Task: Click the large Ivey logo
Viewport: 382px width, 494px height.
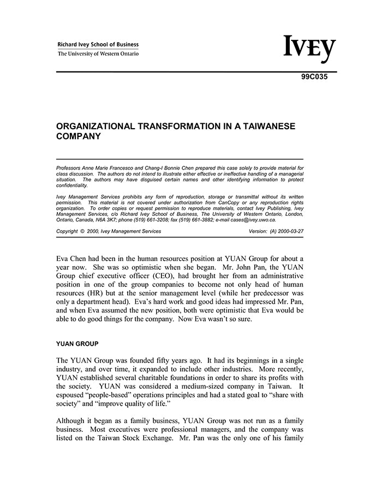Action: (x=309, y=49)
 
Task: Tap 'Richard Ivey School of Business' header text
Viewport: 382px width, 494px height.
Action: (x=98, y=45)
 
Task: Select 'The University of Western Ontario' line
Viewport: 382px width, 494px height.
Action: (x=98, y=53)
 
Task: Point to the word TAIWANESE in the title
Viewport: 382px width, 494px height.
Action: (x=271, y=126)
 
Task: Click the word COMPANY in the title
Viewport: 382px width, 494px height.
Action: (x=79, y=137)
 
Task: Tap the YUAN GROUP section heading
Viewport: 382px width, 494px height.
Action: (x=77, y=344)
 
